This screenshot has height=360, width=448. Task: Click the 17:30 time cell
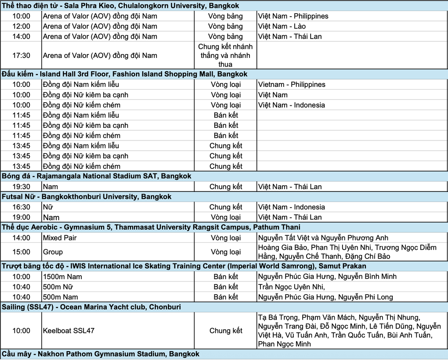click(21, 55)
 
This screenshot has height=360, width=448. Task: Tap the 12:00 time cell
click(21, 26)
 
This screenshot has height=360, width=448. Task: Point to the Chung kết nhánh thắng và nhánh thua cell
click(225, 55)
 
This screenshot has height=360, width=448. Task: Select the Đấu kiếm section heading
click(124, 74)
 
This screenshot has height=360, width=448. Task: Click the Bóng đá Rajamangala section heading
click(97, 176)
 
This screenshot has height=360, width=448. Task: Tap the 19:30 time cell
click(21, 187)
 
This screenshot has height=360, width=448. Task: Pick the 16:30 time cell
click(21, 207)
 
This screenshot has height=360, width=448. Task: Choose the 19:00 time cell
click(21, 217)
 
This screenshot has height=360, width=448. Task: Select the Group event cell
click(53, 252)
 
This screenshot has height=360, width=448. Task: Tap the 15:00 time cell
click(21, 252)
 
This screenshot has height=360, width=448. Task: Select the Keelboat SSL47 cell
click(69, 331)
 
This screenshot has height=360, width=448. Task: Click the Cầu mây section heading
click(101, 354)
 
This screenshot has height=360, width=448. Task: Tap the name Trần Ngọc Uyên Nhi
click(291, 287)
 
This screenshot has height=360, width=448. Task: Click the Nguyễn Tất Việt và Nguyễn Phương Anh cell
click(323, 238)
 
